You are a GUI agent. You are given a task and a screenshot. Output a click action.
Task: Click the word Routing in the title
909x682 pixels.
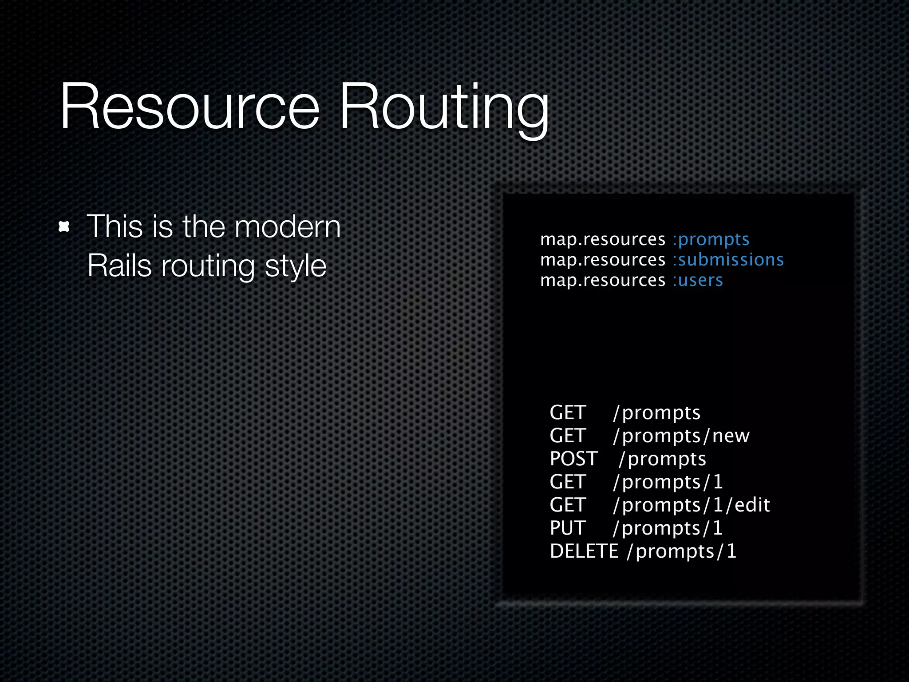click(x=444, y=109)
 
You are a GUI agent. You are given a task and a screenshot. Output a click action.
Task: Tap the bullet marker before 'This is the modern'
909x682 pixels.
click(x=65, y=227)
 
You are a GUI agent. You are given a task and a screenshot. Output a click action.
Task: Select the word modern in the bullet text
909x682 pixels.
click(x=287, y=227)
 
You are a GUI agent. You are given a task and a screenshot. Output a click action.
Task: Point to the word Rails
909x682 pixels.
click(x=119, y=266)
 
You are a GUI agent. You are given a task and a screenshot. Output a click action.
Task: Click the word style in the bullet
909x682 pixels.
click(x=296, y=267)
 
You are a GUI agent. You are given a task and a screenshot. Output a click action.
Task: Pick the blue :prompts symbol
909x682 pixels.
click(x=711, y=240)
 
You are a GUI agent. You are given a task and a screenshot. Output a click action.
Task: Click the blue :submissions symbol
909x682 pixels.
click(x=728, y=260)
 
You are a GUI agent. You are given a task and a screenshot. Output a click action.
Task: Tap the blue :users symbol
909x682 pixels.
click(x=698, y=280)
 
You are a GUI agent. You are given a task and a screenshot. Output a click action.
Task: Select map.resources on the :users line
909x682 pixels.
click(x=603, y=280)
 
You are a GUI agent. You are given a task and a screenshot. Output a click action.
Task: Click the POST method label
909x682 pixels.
click(x=573, y=459)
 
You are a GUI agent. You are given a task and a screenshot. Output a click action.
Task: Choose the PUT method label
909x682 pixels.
click(x=568, y=528)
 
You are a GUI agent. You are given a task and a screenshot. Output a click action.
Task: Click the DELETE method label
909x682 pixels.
click(x=584, y=551)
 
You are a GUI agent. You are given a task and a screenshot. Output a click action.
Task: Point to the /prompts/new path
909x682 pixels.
click(x=681, y=436)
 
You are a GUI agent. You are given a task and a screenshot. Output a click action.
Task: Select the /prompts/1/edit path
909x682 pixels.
click(x=692, y=505)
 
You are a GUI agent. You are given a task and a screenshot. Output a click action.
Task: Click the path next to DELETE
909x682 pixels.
click(x=681, y=551)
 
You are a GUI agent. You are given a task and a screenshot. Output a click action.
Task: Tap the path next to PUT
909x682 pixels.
click(x=668, y=528)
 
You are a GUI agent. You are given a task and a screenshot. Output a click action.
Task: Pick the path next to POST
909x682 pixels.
click(x=662, y=459)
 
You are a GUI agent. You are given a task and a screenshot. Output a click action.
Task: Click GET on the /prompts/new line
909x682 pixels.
click(x=568, y=436)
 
